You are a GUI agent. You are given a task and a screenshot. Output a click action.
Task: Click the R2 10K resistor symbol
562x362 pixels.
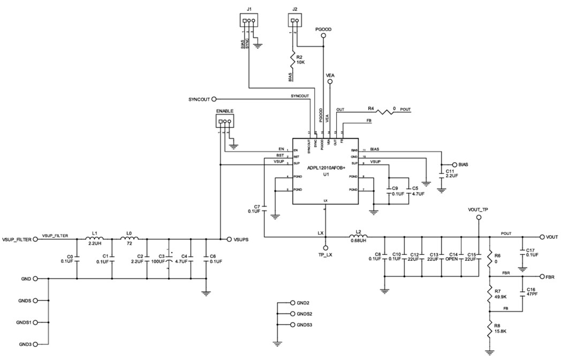tap(293, 58)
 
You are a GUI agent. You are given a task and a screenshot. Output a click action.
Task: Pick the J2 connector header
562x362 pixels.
tap(294, 22)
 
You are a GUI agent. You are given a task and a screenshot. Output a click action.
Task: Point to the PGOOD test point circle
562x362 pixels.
tap(323, 36)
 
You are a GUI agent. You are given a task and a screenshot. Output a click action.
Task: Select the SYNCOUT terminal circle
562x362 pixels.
tap(214, 99)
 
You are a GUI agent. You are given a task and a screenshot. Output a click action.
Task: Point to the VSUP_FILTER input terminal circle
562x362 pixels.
tap(36, 239)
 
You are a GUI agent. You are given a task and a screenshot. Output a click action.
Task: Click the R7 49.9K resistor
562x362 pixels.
tap(489, 294)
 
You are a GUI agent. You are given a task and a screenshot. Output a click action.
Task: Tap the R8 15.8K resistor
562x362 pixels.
tap(489, 330)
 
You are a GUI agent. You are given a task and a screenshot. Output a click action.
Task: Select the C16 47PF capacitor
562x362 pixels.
tap(522, 293)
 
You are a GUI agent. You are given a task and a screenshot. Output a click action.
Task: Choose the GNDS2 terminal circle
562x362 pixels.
tap(292, 314)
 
